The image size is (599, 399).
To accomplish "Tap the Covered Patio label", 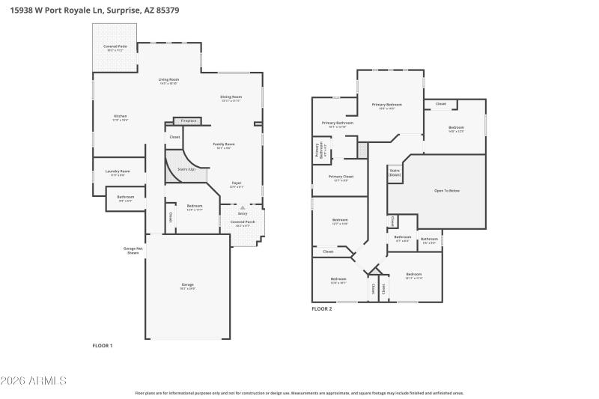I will [x=115, y=48].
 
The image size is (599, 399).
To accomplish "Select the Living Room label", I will [x=168, y=80].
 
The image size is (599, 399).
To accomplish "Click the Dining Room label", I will [x=231, y=97].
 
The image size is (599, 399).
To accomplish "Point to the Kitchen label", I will [x=121, y=117].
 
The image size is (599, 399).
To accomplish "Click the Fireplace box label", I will [x=188, y=121].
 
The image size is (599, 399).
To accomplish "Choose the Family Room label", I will [x=224, y=144].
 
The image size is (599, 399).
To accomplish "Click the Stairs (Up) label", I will [x=186, y=169].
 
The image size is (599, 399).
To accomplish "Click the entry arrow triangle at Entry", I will [x=242, y=207].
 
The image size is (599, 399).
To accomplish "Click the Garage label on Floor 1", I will [x=187, y=285].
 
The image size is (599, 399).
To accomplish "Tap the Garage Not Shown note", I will [x=133, y=251].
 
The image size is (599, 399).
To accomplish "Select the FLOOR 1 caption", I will [x=102, y=346].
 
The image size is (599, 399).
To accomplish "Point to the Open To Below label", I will [x=447, y=191].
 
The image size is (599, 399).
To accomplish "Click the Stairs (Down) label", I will [x=395, y=172].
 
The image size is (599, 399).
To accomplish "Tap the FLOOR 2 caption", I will [x=322, y=308].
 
